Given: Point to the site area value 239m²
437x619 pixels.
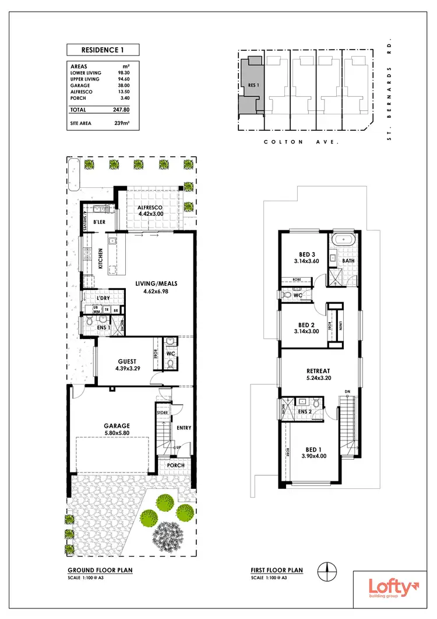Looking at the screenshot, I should [121, 124].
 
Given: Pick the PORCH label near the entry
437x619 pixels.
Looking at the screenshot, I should [175, 465].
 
